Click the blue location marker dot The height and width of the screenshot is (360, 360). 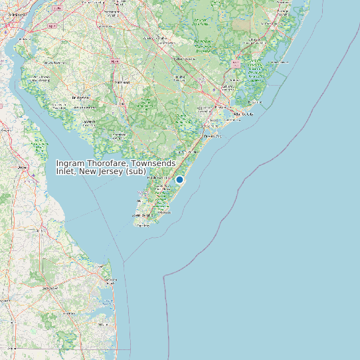point(179,179)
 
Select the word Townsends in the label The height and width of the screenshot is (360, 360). point(155,163)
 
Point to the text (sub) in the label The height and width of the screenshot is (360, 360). point(135,172)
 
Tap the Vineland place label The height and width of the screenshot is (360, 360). point(121,82)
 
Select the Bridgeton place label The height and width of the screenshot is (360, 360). point(81,97)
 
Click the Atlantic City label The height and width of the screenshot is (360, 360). point(247,114)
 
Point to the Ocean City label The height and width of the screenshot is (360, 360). point(213,136)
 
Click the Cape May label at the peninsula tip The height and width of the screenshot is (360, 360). point(143,225)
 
